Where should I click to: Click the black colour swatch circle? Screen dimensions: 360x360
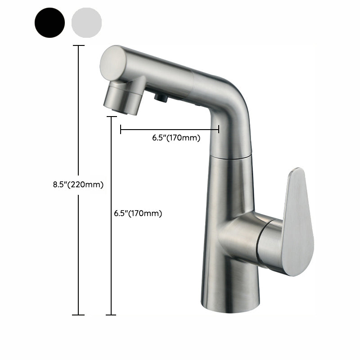(x=49, y=22)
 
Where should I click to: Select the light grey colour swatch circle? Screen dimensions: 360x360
(x=86, y=22)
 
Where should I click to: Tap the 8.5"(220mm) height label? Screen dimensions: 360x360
(x=78, y=184)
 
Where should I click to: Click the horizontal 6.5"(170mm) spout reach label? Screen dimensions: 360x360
(x=176, y=138)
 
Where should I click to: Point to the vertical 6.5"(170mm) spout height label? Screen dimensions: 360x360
(x=138, y=213)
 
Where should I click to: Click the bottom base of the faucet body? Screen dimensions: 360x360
(x=230, y=306)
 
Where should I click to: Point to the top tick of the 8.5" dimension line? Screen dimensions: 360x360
(x=79, y=46)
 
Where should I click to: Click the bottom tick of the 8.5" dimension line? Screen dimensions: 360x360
(x=78, y=315)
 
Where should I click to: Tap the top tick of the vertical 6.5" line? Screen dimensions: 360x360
(x=111, y=117)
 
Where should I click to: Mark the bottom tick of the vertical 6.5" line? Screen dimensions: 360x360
(x=111, y=315)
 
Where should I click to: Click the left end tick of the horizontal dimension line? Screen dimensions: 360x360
(x=121, y=130)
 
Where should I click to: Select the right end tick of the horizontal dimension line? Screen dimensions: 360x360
(x=219, y=130)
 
